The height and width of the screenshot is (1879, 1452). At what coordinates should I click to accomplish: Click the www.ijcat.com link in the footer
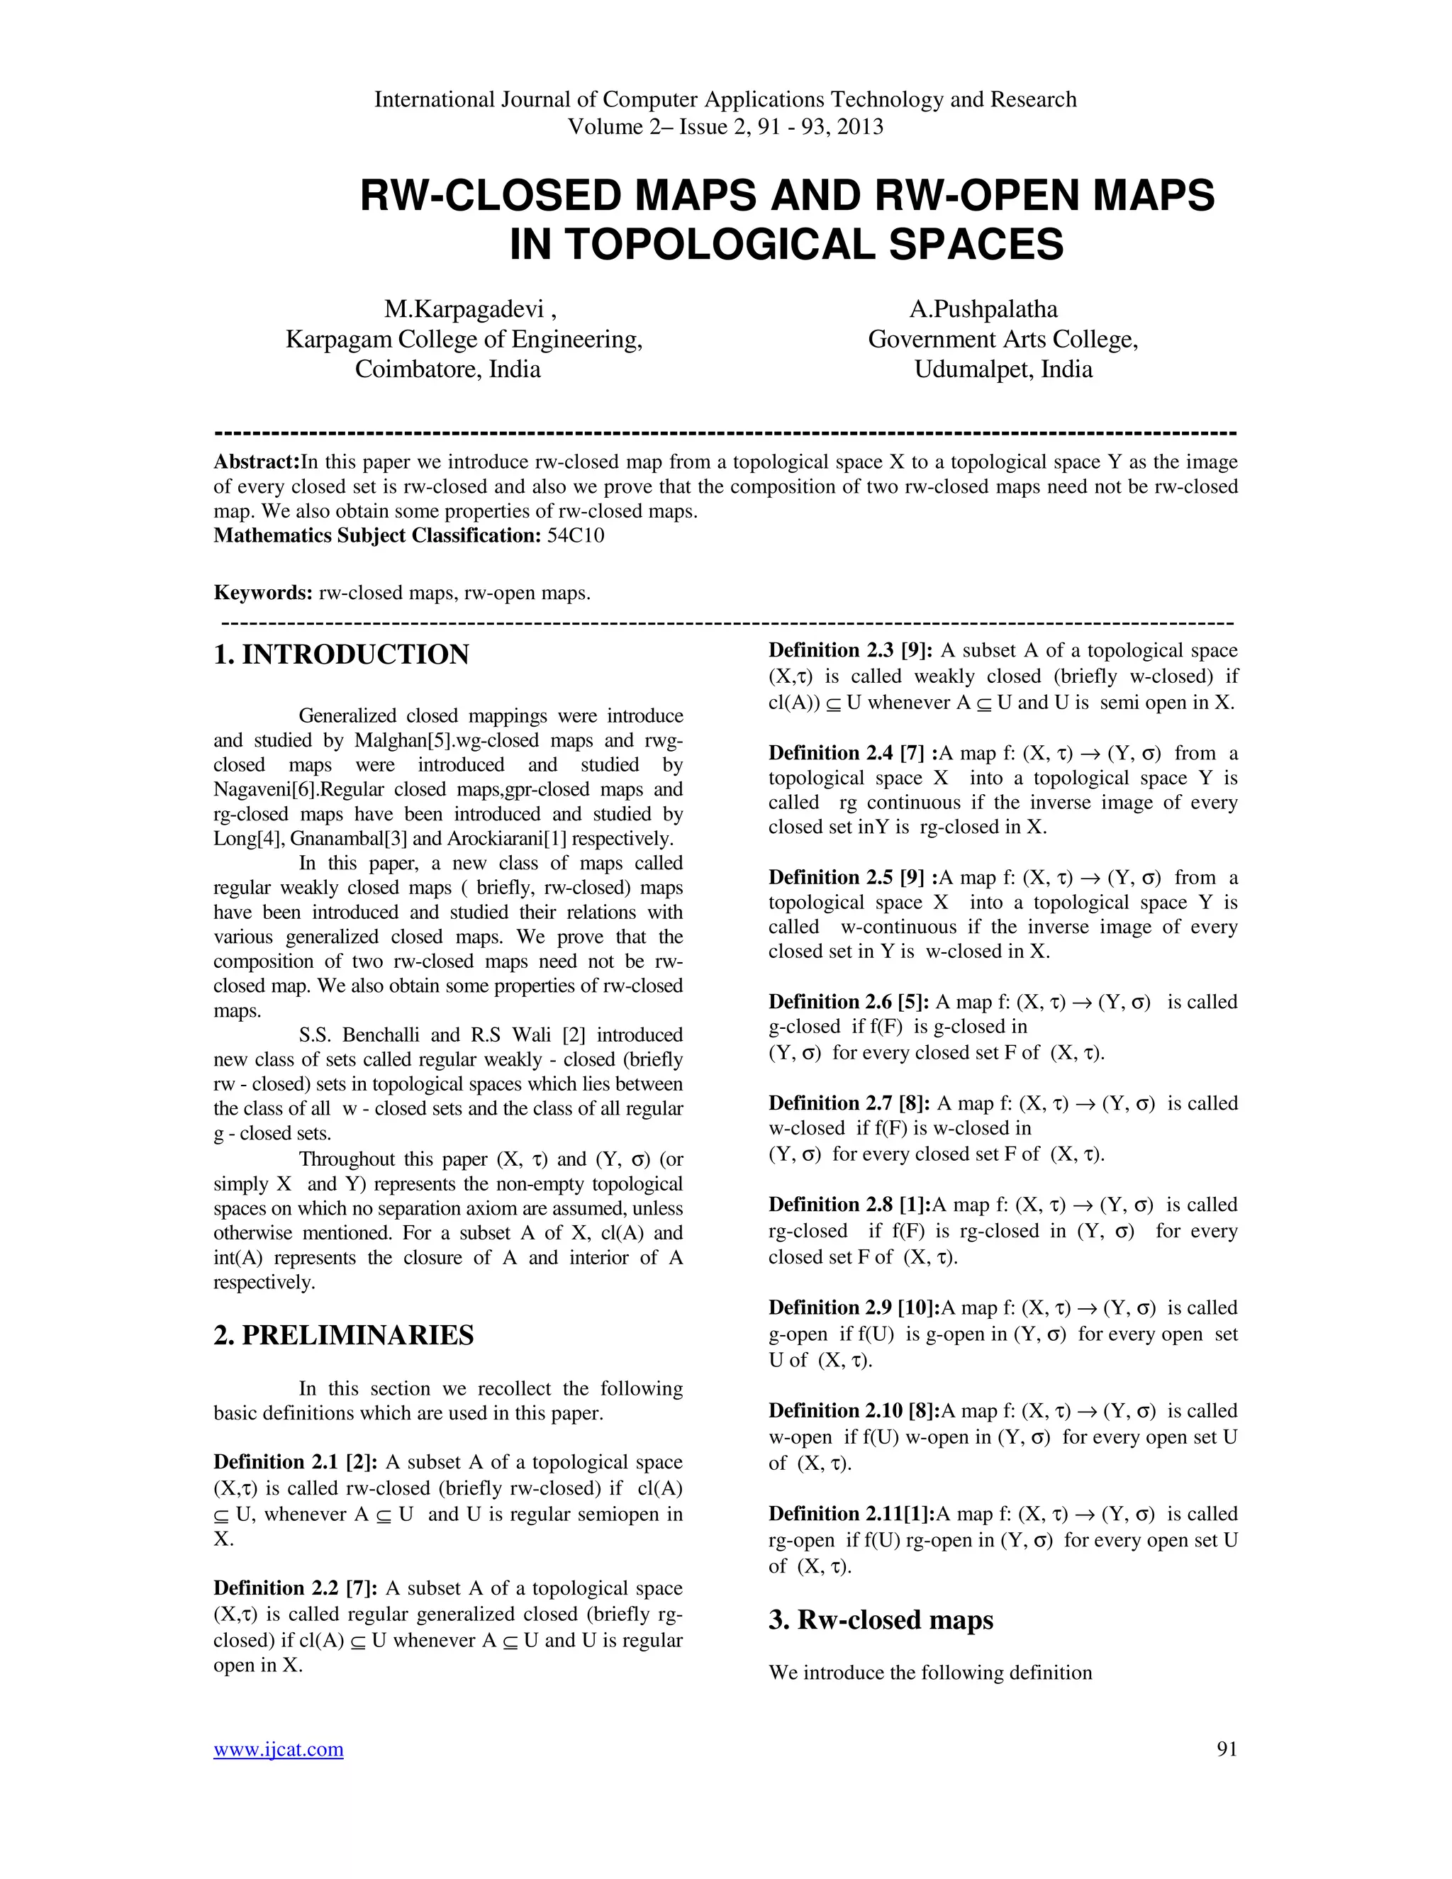tap(278, 1749)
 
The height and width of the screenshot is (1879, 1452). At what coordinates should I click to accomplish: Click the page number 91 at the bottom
tap(1227, 1749)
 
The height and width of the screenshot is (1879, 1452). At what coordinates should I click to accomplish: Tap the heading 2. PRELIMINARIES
tap(343, 1335)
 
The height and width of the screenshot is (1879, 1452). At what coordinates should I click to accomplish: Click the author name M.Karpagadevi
tap(464, 309)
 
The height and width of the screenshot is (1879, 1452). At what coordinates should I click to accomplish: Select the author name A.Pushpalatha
tap(983, 309)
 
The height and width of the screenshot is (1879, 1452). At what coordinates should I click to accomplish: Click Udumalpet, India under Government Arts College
tap(1003, 370)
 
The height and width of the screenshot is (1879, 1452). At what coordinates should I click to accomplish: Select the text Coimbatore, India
tap(447, 370)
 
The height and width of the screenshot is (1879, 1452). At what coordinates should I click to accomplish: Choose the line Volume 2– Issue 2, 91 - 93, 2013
tap(725, 128)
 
